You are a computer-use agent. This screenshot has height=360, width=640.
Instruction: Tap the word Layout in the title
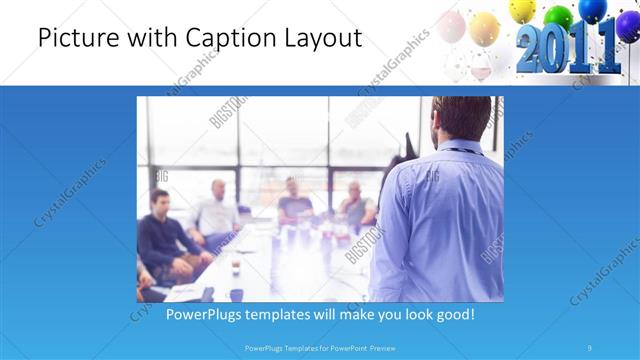pyautogui.click(x=321, y=39)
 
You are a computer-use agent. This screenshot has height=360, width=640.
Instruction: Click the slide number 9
pyautogui.click(x=590, y=348)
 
